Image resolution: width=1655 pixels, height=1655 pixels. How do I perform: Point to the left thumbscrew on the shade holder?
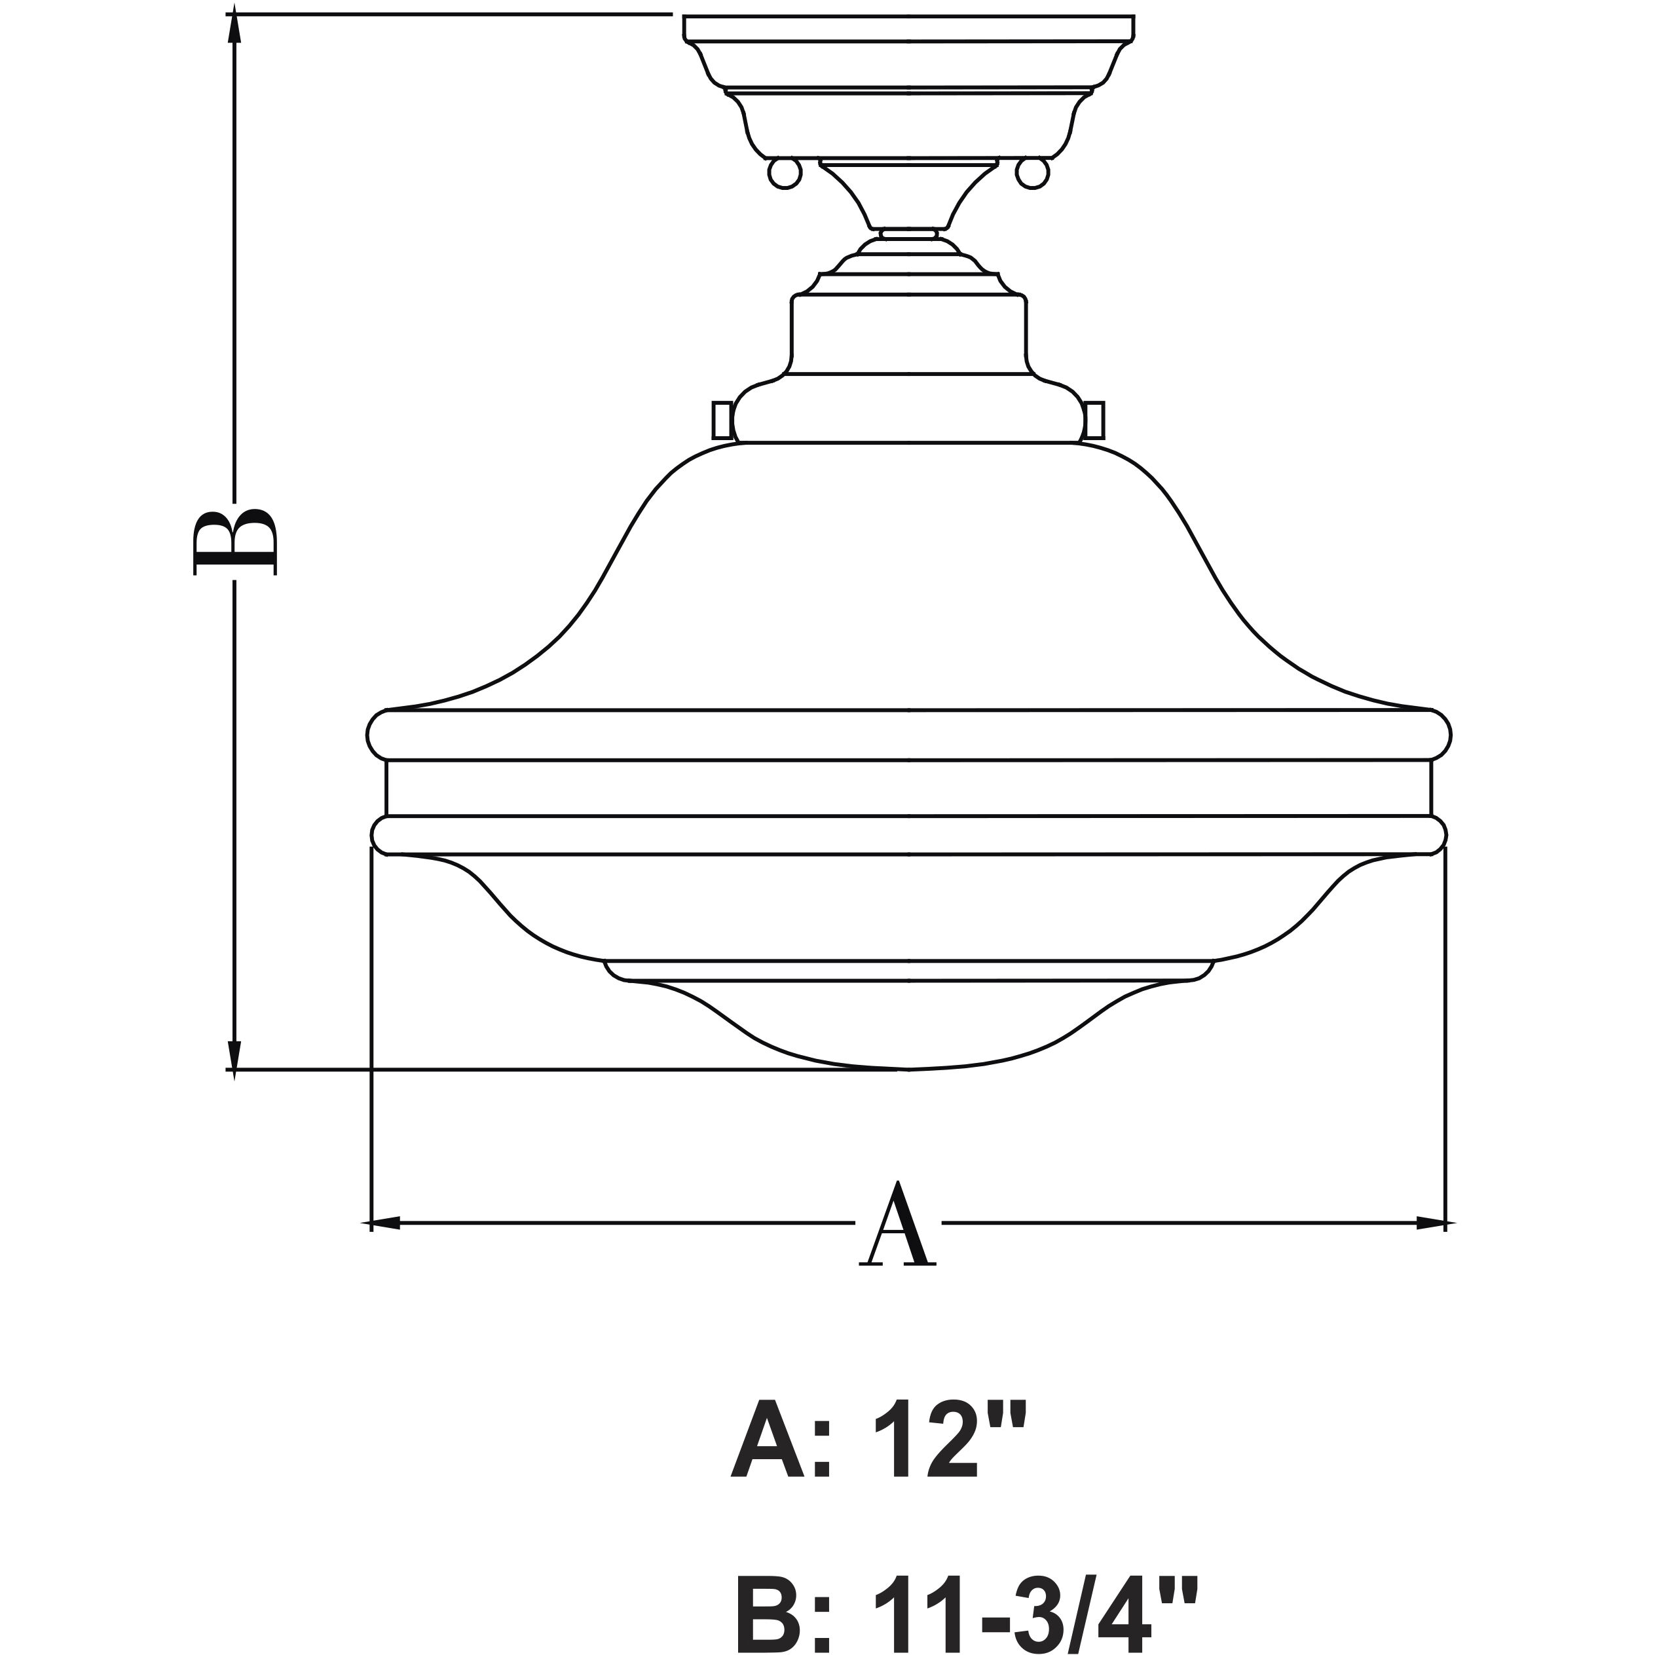pos(722,419)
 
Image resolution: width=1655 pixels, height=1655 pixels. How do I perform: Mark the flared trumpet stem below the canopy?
pos(909,195)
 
